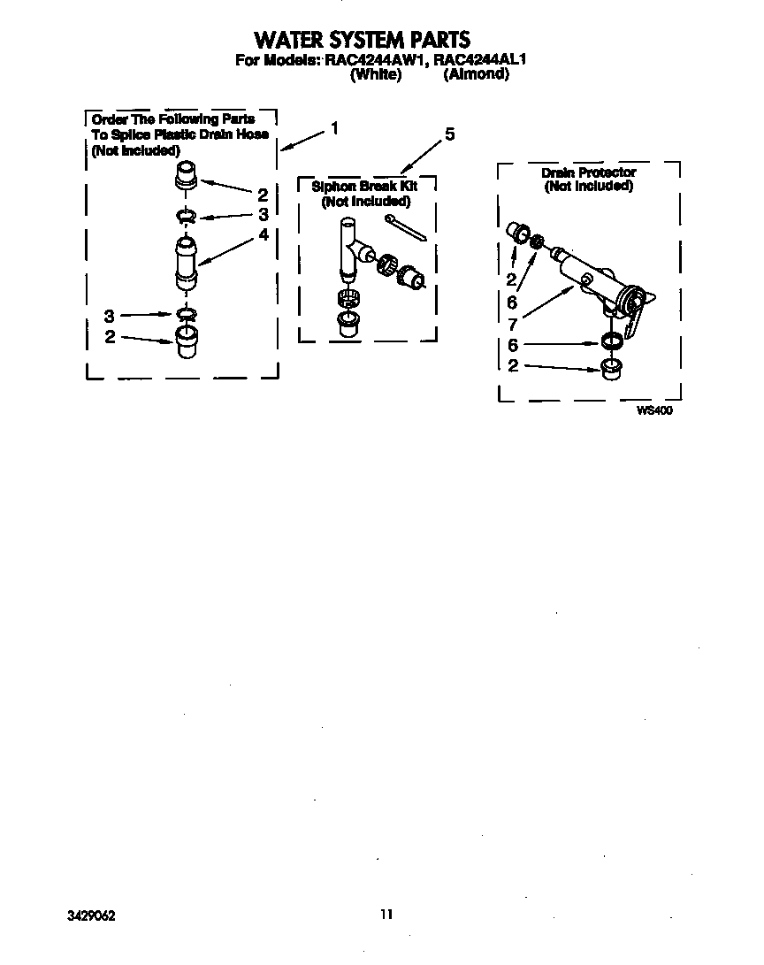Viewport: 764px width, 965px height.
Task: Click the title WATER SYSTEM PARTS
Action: [x=362, y=40]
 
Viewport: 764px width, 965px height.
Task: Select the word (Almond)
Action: [x=476, y=75]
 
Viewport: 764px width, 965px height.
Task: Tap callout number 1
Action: [x=334, y=127]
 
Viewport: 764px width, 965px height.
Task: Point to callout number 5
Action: [x=449, y=134]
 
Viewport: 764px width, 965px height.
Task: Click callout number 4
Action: [x=263, y=234]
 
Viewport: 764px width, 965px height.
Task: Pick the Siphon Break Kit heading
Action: [x=364, y=187]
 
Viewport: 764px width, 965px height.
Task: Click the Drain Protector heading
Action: [x=588, y=172]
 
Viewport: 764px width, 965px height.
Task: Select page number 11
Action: [x=385, y=915]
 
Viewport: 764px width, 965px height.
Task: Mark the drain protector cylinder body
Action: [x=584, y=274]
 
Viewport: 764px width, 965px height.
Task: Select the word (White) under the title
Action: [x=376, y=75]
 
